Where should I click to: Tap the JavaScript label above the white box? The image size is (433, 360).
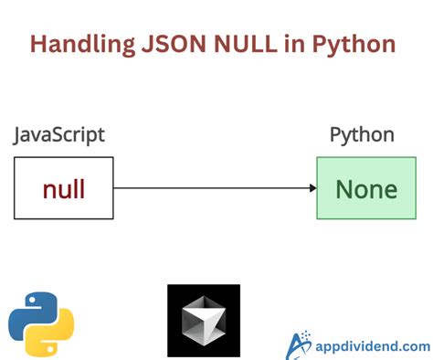tap(59, 135)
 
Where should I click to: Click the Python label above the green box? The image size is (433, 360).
tap(362, 135)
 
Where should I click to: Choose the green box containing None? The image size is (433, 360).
tap(366, 187)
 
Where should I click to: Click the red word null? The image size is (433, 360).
tap(64, 189)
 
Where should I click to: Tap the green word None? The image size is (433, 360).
tap(366, 189)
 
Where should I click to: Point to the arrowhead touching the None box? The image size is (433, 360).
tap(312, 188)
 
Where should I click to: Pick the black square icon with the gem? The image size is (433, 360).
tap(204, 321)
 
